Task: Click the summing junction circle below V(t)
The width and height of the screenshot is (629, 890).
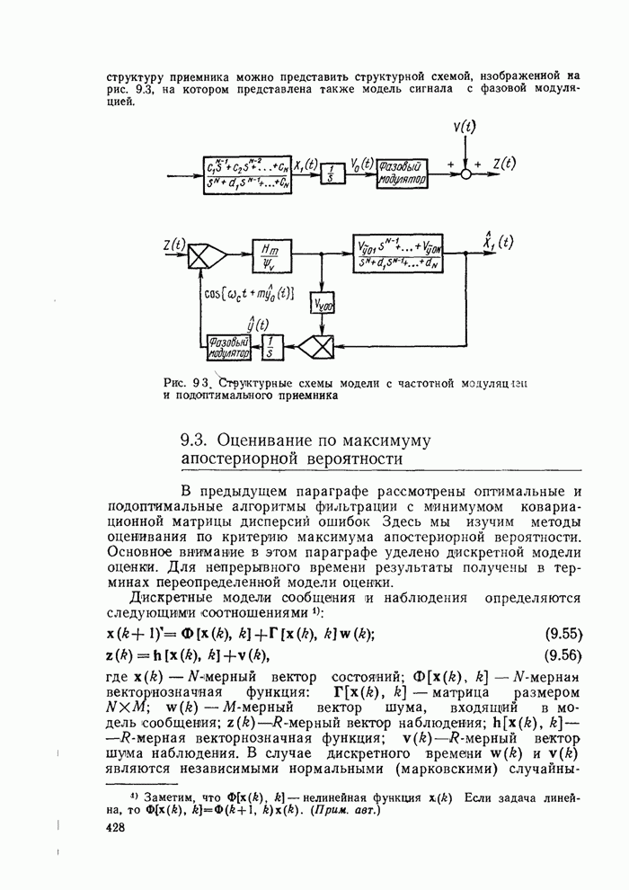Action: pyautogui.click(x=465, y=173)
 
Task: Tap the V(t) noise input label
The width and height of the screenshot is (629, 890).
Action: pyautogui.click(x=465, y=129)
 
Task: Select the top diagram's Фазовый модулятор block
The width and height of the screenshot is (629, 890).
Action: pyautogui.click(x=401, y=172)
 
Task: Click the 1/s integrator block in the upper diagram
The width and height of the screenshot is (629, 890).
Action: pyautogui.click(x=333, y=173)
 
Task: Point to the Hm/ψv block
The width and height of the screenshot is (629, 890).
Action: pyautogui.click(x=268, y=254)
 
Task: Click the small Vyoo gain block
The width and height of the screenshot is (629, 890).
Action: pyautogui.click(x=323, y=307)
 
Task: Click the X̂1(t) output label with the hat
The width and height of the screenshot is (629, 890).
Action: pyautogui.click(x=497, y=242)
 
